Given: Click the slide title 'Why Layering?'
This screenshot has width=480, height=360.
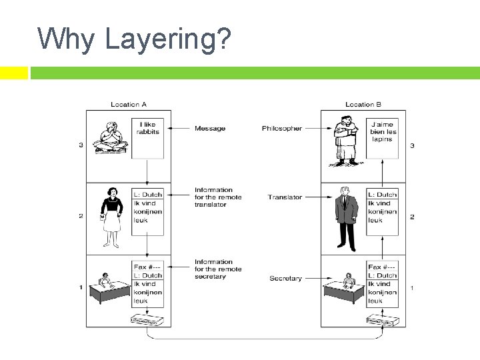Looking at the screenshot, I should (134, 39).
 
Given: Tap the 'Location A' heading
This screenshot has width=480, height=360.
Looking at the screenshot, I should (129, 104).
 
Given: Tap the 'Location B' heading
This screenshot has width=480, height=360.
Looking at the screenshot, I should (363, 104).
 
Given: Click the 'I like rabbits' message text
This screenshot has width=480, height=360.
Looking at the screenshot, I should (147, 128).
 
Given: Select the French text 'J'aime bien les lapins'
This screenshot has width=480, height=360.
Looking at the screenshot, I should (383, 131).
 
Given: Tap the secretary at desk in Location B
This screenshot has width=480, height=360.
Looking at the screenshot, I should (343, 288).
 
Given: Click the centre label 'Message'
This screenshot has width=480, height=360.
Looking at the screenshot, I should (210, 128).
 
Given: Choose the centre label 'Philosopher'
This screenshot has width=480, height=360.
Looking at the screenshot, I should (282, 128).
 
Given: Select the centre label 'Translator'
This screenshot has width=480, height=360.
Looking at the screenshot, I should (285, 197).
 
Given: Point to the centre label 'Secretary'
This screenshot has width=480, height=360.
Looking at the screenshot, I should (285, 278).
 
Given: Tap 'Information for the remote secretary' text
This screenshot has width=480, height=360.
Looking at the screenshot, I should (214, 269).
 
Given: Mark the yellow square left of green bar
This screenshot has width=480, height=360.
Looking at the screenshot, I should (14, 73).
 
